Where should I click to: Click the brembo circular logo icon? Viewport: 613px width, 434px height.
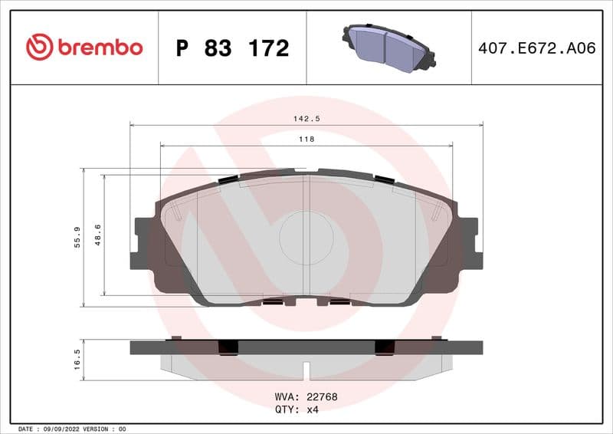tap(39, 48)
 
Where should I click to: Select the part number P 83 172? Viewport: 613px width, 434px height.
tap(232, 48)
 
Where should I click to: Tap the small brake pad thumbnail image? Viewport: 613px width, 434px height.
tap(388, 47)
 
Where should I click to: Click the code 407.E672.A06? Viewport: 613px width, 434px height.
tap(536, 48)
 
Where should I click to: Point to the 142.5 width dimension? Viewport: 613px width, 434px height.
tap(306, 119)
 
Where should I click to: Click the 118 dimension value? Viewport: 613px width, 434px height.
tap(306, 140)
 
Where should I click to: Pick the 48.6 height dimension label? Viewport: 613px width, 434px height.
tap(97, 235)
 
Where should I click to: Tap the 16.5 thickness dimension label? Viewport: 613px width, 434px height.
tap(77, 360)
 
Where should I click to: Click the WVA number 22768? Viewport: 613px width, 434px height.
tap(323, 397)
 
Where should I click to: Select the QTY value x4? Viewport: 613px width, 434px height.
tap(313, 409)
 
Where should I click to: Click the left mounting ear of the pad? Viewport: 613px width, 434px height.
tap(143, 243)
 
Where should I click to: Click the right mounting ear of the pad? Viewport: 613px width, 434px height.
tap(469, 243)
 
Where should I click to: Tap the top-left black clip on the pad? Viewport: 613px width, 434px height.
tap(228, 179)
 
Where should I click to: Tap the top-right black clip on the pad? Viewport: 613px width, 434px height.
tap(384, 179)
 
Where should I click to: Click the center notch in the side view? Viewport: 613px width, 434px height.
tap(306, 369)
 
